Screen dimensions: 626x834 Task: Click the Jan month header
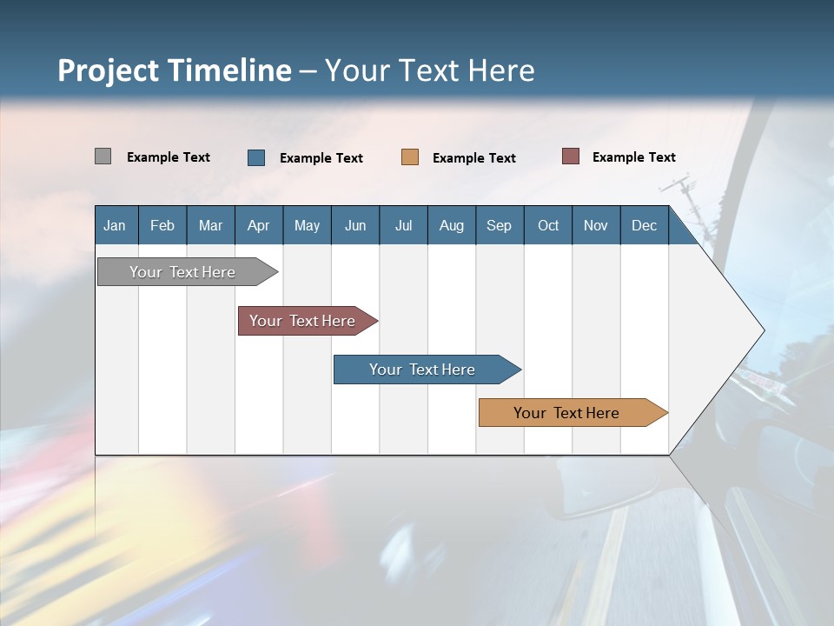[x=115, y=225]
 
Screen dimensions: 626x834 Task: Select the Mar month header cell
[x=210, y=225]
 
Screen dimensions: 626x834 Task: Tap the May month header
[x=307, y=225]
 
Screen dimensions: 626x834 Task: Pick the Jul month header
[x=403, y=225]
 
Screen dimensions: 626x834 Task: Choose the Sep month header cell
[x=499, y=225]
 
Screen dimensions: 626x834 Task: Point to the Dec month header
[x=644, y=225]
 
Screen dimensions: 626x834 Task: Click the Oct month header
[x=548, y=225]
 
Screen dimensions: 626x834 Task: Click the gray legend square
[x=103, y=156]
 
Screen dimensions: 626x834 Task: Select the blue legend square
[x=255, y=157]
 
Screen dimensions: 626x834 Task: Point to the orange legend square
[x=409, y=157]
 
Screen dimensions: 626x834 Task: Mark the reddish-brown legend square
[x=570, y=156]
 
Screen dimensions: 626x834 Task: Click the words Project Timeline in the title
[x=175, y=70]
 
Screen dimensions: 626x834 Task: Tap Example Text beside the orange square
[x=473, y=158]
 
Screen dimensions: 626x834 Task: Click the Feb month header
[x=162, y=225]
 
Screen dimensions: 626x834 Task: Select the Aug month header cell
[x=451, y=225]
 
